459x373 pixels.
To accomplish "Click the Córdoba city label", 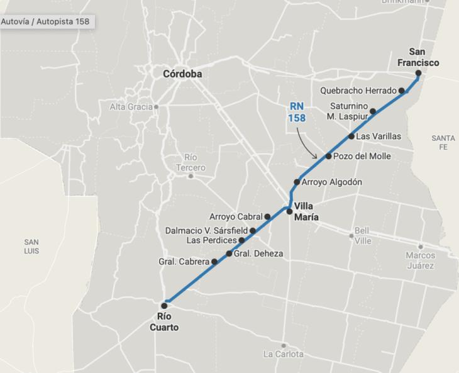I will click(x=182, y=74).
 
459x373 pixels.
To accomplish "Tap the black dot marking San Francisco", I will click(x=418, y=73).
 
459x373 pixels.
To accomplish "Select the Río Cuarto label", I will click(x=164, y=322).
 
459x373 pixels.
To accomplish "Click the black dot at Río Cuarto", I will click(x=165, y=306).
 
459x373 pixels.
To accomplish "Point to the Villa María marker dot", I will click(x=289, y=211).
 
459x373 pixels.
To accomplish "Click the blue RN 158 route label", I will click(x=297, y=112).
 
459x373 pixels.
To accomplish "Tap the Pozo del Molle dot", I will click(x=328, y=156).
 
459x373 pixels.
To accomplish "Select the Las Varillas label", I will click(x=379, y=136).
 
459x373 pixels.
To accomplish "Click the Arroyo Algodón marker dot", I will click(x=297, y=182).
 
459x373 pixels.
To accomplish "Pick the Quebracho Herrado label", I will click(x=358, y=91).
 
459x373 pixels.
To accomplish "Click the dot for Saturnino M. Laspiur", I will click(x=373, y=111).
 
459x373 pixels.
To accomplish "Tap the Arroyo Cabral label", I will click(x=235, y=216).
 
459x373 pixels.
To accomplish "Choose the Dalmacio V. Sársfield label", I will click(x=206, y=231).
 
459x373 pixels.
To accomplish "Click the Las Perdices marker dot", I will click(x=241, y=240).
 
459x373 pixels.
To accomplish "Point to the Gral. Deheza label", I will click(x=258, y=253).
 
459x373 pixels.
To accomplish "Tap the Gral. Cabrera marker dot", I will click(x=214, y=262).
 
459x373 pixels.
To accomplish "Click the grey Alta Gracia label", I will click(x=131, y=107).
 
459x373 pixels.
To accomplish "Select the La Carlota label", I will click(x=284, y=354).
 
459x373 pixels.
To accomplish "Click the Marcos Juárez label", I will click(x=420, y=260).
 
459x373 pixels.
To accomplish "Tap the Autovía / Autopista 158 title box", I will click(x=45, y=21).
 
